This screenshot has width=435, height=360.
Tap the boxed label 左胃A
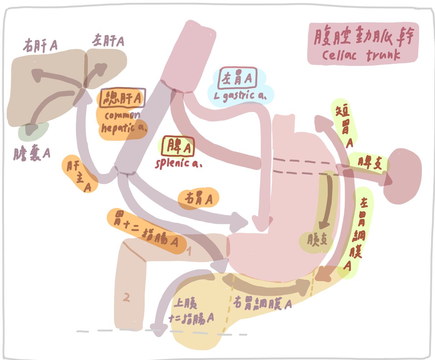click(238, 78)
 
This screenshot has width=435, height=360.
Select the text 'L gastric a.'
click(240, 96)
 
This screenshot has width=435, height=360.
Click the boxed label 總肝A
click(123, 98)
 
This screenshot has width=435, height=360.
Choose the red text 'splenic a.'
click(178, 163)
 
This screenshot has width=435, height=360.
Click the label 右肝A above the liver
click(40, 46)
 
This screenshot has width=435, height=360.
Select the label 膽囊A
click(32, 153)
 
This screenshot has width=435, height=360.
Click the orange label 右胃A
click(198, 198)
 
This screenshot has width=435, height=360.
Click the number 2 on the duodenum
click(126, 298)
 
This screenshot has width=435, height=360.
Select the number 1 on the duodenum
click(189, 251)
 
